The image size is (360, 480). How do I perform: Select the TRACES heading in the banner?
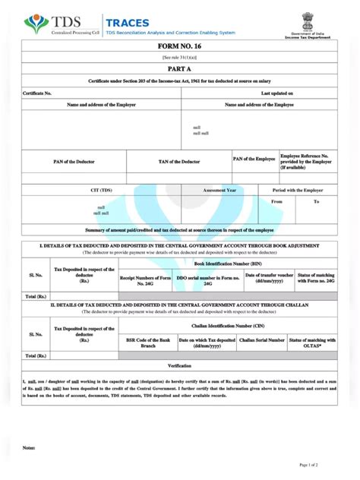[x=128, y=23]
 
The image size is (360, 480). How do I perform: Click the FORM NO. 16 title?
[x=179, y=47]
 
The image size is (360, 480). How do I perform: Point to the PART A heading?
[x=179, y=68]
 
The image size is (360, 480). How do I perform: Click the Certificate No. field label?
[x=37, y=93]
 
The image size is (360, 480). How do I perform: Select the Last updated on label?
[x=277, y=93]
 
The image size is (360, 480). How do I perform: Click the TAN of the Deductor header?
[x=179, y=162]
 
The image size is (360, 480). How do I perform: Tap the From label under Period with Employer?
[x=276, y=201]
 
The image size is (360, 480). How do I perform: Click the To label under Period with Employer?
[x=317, y=201]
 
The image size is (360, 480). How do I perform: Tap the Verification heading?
[x=179, y=365]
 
